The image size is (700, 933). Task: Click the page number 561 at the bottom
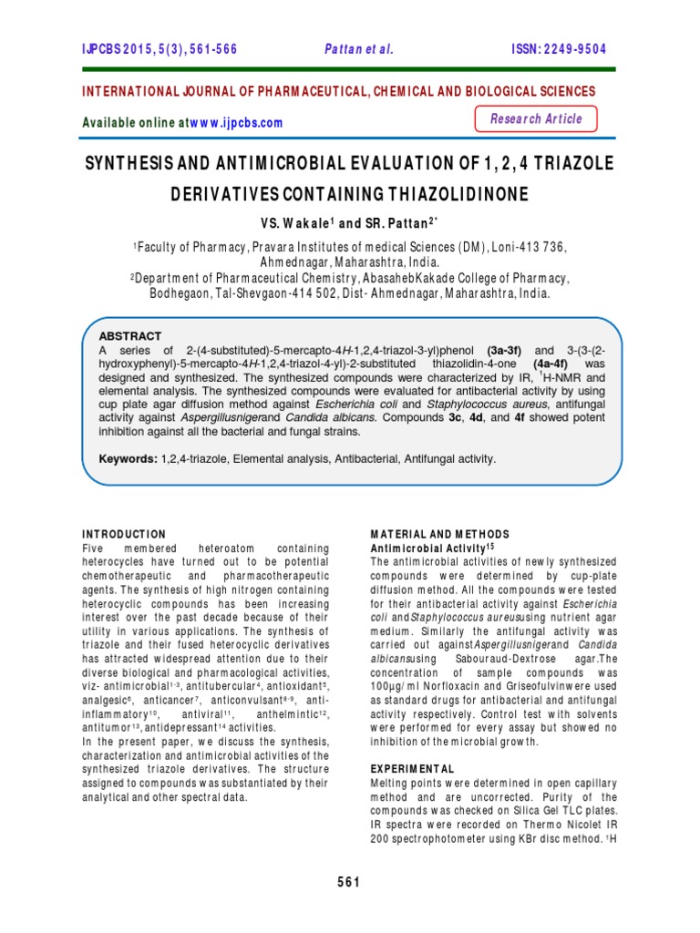point(350,881)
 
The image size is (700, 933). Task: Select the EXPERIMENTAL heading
point(412,769)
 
